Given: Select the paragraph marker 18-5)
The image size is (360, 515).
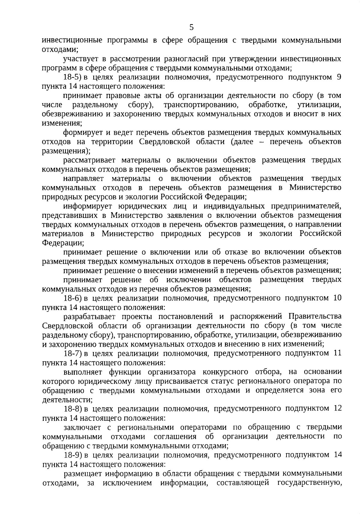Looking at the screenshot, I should pos(73,77).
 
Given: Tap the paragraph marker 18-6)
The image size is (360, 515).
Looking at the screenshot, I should pos(73,298).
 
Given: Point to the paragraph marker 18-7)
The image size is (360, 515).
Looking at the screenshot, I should pos(73,353).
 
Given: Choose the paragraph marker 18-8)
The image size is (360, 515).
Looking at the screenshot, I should pos(73,408).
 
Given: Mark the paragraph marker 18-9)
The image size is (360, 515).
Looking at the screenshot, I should pos(73,455).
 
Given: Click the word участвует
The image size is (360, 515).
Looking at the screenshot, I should pos(81,59).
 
